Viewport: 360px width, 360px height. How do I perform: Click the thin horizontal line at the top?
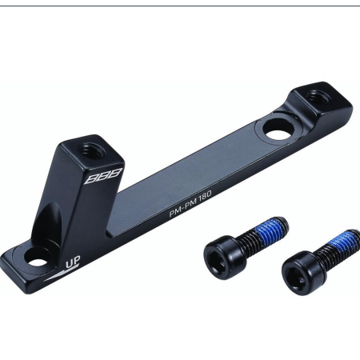180,6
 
